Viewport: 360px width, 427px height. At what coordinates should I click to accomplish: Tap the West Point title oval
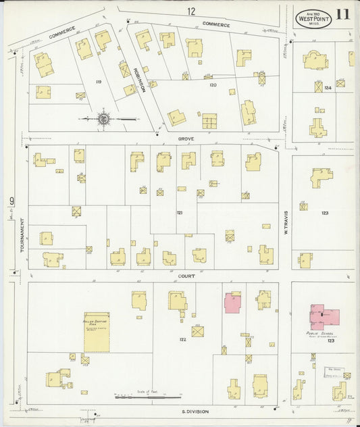(313, 18)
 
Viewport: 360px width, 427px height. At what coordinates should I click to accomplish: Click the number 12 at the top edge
(192, 11)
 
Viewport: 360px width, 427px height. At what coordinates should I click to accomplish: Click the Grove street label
(186, 139)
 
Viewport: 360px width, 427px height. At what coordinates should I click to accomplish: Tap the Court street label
(186, 276)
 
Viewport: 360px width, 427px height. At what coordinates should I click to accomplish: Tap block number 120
(213, 85)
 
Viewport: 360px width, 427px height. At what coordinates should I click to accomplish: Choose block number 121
(180, 213)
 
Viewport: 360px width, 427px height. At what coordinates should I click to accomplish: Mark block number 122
(182, 338)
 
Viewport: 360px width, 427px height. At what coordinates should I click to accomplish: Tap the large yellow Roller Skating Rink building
(97, 331)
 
